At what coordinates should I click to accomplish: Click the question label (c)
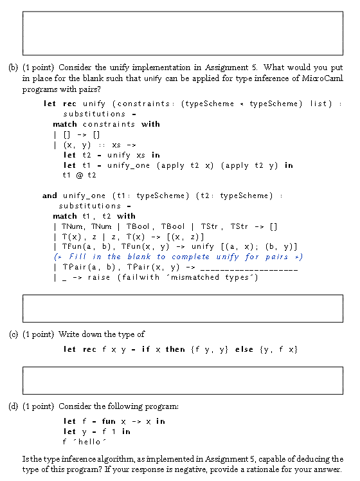coord(13,334)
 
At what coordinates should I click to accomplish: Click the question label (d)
coord(13,406)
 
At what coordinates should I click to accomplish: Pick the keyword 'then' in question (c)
coord(175,349)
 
